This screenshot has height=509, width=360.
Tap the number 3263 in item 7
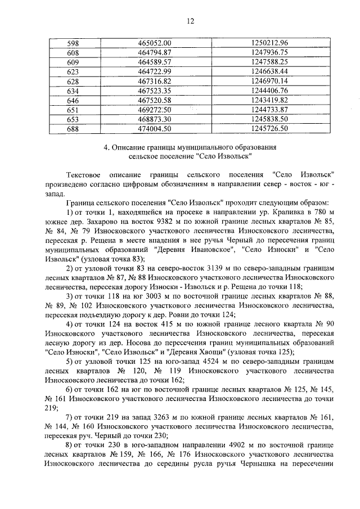coord(155,418)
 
